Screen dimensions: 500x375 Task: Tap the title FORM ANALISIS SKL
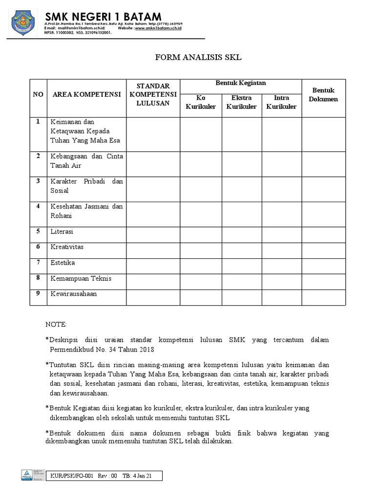pos(198,58)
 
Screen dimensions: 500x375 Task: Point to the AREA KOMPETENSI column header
pos(86,94)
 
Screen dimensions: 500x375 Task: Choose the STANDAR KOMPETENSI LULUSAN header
pos(153,94)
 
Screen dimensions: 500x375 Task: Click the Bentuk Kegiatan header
pos(241,83)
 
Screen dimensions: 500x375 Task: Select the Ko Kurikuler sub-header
pos(201,102)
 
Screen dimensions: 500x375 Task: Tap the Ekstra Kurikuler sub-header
pos(241,102)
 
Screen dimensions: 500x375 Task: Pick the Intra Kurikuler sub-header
pos(281,102)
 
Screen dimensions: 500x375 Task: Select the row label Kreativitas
pos(67,247)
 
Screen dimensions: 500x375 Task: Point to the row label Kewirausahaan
pos(74,294)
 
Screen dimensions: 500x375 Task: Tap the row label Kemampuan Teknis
pos(81,278)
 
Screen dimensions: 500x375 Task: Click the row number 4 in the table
pos(38,206)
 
